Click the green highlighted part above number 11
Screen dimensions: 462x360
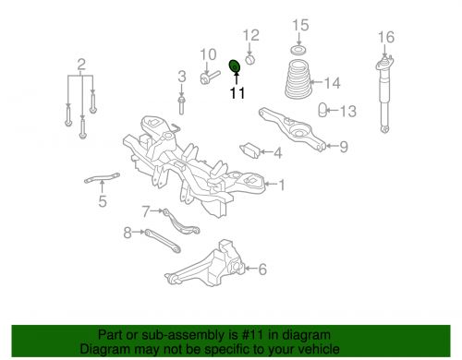click(x=236, y=66)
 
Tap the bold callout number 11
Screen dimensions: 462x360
click(x=237, y=92)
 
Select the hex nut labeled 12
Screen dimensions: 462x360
click(x=250, y=59)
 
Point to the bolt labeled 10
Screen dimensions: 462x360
click(x=210, y=77)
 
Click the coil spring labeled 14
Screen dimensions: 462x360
click(x=298, y=79)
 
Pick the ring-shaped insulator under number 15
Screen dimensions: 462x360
click(x=298, y=50)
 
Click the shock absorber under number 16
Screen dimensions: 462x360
click(x=384, y=93)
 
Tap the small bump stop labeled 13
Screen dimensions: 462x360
click(x=322, y=110)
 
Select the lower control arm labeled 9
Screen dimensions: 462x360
click(x=292, y=128)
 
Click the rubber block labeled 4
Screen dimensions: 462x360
click(x=249, y=150)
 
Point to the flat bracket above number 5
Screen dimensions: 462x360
click(x=102, y=178)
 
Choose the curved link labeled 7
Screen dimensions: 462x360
click(x=181, y=222)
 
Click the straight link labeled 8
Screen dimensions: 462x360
click(x=163, y=241)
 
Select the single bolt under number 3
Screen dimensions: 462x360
click(x=181, y=105)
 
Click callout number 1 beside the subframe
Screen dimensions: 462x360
click(x=282, y=186)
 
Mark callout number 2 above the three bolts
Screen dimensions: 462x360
click(x=81, y=65)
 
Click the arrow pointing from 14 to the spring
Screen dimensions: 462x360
click(x=317, y=82)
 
